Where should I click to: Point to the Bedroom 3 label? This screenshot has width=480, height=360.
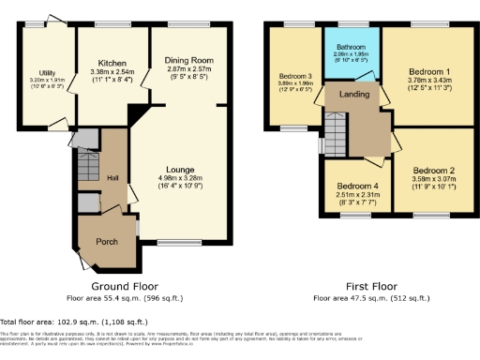coord(293,74)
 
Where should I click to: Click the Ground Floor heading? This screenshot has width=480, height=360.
coord(124,285)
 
